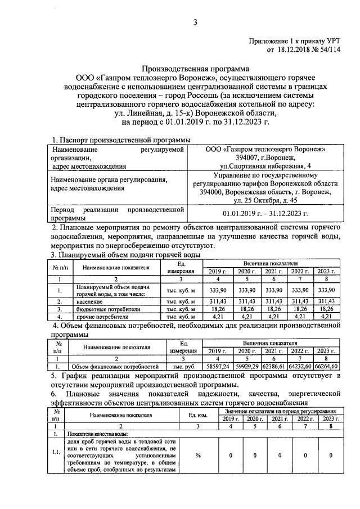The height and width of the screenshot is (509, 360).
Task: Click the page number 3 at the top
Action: click(x=195, y=22)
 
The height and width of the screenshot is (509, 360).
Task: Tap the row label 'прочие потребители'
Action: click(x=99, y=317)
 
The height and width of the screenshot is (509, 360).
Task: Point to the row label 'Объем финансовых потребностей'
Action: click(x=116, y=366)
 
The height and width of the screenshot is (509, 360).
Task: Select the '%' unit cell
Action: click(x=198, y=455)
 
